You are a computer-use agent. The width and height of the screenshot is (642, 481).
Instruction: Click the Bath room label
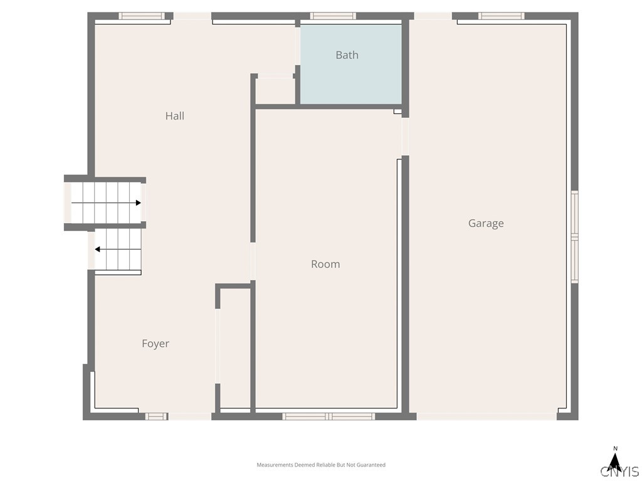(347, 55)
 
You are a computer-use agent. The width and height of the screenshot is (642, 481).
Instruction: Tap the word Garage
(486, 224)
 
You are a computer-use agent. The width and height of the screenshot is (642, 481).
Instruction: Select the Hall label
(175, 116)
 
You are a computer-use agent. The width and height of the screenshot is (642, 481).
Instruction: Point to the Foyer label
(155, 344)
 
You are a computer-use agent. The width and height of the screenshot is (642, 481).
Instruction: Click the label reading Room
(325, 264)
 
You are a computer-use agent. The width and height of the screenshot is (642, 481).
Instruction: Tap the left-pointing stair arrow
(118, 249)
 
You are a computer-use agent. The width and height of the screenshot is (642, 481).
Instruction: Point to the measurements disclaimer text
(321, 465)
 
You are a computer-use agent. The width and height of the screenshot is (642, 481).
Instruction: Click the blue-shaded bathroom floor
(351, 64)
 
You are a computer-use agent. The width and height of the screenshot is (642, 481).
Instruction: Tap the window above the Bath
(333, 16)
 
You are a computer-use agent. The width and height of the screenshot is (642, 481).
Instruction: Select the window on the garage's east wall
(575, 236)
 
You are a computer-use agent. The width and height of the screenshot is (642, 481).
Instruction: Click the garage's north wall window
(502, 16)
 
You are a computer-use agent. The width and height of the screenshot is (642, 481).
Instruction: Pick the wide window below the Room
(329, 416)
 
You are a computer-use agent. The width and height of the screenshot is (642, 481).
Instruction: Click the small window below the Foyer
(156, 416)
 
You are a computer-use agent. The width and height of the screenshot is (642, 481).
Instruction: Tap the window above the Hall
(142, 16)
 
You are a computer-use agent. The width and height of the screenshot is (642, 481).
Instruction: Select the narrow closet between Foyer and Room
(236, 348)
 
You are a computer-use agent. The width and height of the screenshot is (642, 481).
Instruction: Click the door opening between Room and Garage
(406, 136)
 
